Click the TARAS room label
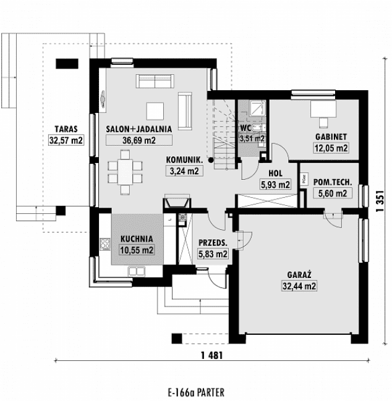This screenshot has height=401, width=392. point(65,129)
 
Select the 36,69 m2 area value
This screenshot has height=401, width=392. point(138,140)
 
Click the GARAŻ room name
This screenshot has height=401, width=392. point(297,275)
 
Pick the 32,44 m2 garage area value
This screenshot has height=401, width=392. point(297,286)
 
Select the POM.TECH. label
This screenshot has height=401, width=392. point(333,182)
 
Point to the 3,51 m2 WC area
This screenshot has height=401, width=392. point(252,139)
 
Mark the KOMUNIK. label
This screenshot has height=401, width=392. point(184,159)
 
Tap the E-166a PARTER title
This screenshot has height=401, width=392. point(196,392)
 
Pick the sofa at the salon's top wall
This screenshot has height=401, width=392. point(155,80)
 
